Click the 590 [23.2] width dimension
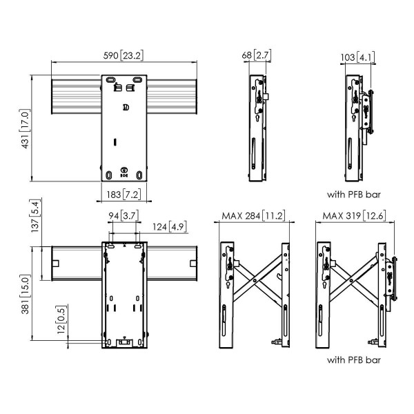[x=124, y=56]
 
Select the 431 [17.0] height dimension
[x=26, y=129]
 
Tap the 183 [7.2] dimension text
[x=124, y=195]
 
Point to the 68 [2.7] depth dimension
[x=257, y=55]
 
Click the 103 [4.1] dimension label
[x=357, y=57]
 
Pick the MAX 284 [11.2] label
[x=253, y=216]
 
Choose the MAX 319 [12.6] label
[x=354, y=216]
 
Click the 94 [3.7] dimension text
[x=124, y=216]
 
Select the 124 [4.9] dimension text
[x=170, y=227]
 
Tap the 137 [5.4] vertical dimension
[x=35, y=216]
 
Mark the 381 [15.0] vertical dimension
[x=26, y=294]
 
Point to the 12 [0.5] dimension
[x=61, y=319]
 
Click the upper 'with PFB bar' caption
[x=354, y=195]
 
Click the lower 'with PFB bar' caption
[x=354, y=360]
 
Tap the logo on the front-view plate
[x=126, y=108]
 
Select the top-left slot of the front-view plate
[x=110, y=80]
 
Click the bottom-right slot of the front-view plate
[x=139, y=175]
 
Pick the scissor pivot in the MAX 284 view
[x=255, y=280]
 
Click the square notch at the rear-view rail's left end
[x=56, y=264]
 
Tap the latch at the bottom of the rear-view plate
[x=124, y=342]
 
